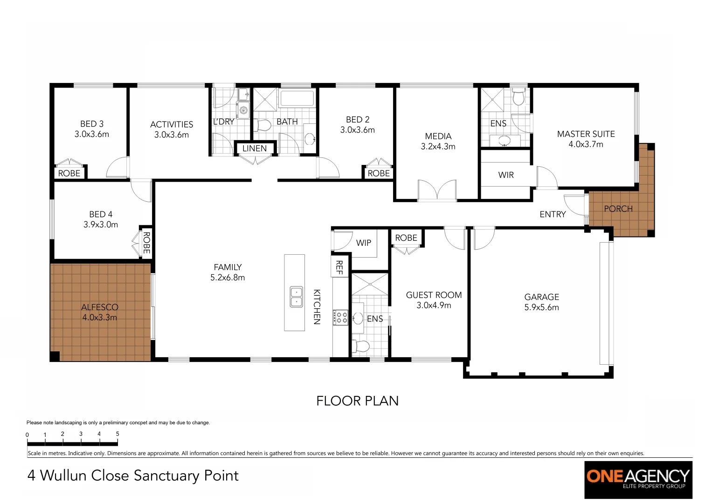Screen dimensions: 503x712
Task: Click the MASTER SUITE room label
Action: pyautogui.click(x=586, y=134)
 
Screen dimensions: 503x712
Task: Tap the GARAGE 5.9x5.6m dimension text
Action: pyautogui.click(x=541, y=307)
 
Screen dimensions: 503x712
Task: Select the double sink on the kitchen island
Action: pyautogui.click(x=296, y=297)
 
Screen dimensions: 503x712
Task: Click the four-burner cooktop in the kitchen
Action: pyautogui.click(x=340, y=318)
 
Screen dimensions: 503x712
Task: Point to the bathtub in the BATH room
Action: pyautogui.click(x=297, y=99)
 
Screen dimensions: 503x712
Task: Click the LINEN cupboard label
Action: pyautogui.click(x=255, y=149)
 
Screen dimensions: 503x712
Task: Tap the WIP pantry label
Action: pyautogui.click(x=363, y=243)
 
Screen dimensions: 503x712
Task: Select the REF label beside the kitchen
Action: pyautogui.click(x=339, y=267)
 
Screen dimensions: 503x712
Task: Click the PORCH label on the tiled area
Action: pyautogui.click(x=618, y=209)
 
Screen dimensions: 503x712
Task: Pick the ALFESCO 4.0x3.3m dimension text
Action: pyautogui.click(x=99, y=318)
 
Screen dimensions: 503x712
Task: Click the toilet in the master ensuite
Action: pyautogui.click(x=518, y=98)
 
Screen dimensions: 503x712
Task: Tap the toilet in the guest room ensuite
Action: pyautogui.click(x=361, y=346)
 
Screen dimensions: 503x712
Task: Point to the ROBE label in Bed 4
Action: pyautogui.click(x=146, y=243)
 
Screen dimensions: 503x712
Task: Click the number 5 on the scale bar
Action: pyautogui.click(x=118, y=434)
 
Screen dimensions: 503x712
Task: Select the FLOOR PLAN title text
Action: pyautogui.click(x=357, y=401)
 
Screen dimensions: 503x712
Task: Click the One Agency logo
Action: pyautogui.click(x=638, y=479)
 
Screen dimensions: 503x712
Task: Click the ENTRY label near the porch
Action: pyautogui.click(x=553, y=214)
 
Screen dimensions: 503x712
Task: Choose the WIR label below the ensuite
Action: pyautogui.click(x=506, y=175)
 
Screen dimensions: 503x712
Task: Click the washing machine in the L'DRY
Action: pyautogui.click(x=243, y=110)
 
